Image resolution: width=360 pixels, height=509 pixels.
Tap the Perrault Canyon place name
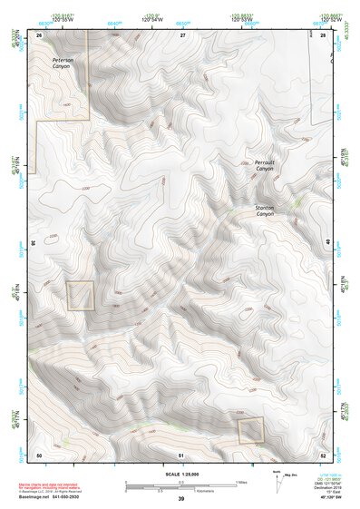tap(264, 165)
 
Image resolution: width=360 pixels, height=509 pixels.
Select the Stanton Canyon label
tap(264, 210)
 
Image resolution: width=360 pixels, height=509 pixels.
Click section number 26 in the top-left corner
tap(39, 34)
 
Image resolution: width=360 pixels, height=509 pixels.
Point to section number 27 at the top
tap(182, 34)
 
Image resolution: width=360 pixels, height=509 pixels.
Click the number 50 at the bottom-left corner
tap(39, 453)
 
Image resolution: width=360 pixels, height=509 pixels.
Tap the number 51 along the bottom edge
tap(181, 453)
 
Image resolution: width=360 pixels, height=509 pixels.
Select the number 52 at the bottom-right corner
tap(323, 453)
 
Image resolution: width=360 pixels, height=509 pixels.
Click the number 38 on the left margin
tap(34, 242)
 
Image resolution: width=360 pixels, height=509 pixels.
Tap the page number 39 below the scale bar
tap(181, 498)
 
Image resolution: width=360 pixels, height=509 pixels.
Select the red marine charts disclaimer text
tap(65, 485)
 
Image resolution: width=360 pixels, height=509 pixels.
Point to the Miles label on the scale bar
tap(241, 481)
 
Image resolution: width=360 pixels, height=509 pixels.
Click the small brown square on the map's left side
tap(80, 296)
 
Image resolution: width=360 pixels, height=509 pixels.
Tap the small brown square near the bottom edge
tap(250, 430)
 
